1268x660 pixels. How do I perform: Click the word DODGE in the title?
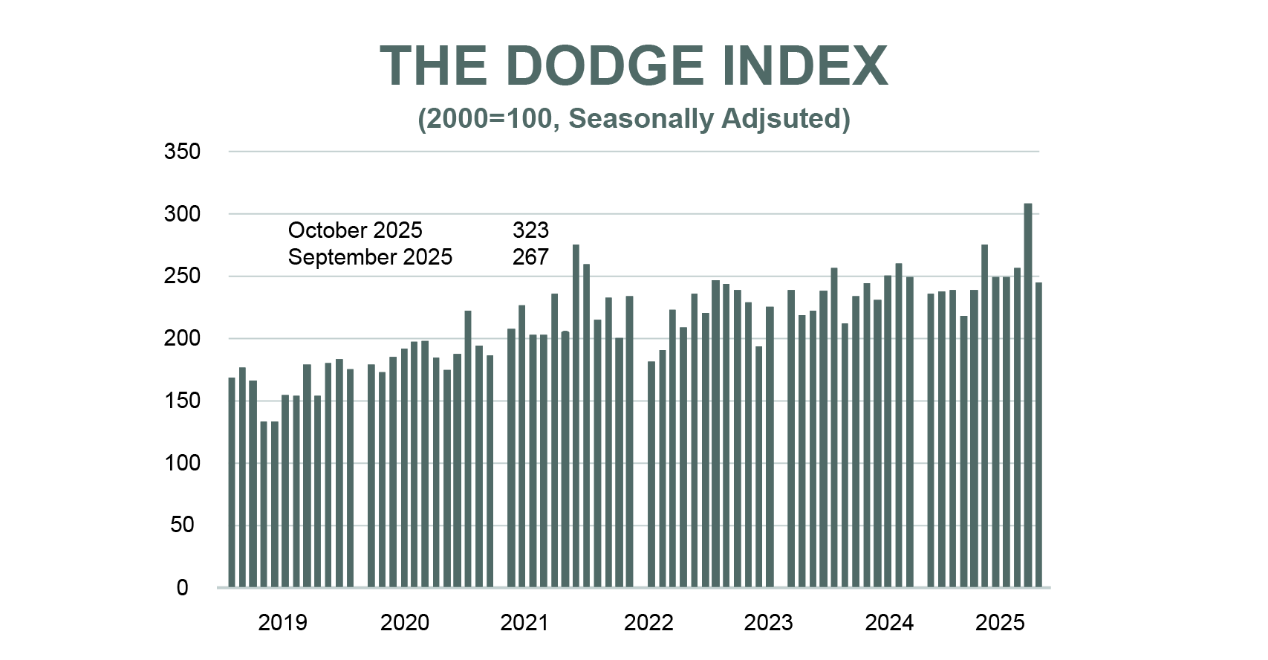click(605, 66)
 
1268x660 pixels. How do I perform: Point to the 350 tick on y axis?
click(182, 152)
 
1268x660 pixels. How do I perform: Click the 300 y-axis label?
click(182, 214)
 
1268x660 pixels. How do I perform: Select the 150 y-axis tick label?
click(182, 401)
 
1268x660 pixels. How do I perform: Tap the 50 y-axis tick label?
click(182, 525)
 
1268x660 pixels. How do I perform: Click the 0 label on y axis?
click(182, 588)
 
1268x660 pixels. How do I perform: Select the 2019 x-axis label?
click(282, 622)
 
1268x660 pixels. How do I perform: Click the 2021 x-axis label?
click(524, 622)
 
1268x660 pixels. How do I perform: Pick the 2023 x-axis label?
click(768, 622)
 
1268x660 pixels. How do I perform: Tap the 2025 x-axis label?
click(1000, 622)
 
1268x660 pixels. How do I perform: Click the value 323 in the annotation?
click(530, 230)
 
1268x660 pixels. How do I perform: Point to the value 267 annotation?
click(530, 257)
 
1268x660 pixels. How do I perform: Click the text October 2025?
click(355, 230)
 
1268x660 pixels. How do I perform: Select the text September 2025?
click(370, 257)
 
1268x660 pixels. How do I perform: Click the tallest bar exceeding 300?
click(1028, 394)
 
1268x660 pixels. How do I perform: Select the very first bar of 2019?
click(232, 483)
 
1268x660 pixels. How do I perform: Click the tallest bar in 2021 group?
click(576, 416)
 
